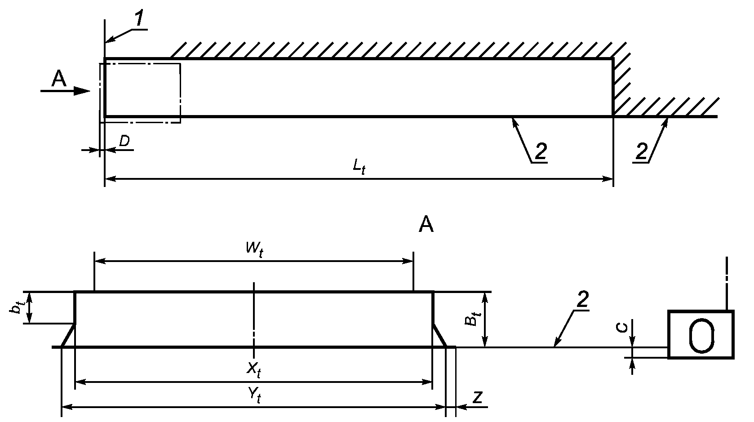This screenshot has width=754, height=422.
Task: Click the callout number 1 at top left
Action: click(x=139, y=18)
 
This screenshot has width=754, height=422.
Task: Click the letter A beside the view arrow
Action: click(x=59, y=80)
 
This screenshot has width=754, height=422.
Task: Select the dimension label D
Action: click(x=124, y=141)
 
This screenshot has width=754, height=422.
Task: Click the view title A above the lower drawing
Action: click(x=426, y=224)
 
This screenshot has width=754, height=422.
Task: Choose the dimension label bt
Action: click(x=16, y=307)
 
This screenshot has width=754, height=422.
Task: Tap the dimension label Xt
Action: click(x=254, y=369)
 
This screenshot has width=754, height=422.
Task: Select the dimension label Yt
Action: click(x=254, y=395)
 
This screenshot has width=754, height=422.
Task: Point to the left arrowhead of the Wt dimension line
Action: click(x=99, y=260)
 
